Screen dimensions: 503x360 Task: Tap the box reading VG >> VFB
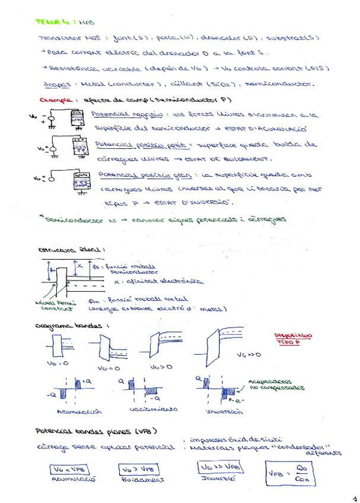pos(219,467)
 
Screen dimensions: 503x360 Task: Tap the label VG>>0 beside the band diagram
pos(249,355)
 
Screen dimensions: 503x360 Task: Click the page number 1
pos(354,498)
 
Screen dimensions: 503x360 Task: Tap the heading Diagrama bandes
pos(72,326)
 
